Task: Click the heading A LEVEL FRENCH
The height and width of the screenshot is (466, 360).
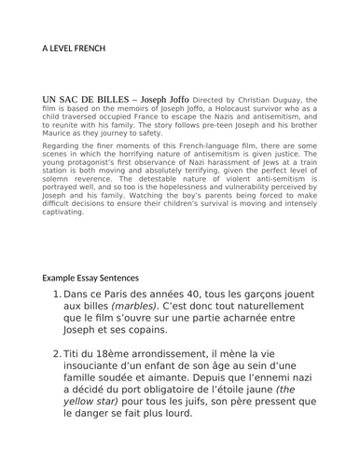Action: click(x=74, y=47)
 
